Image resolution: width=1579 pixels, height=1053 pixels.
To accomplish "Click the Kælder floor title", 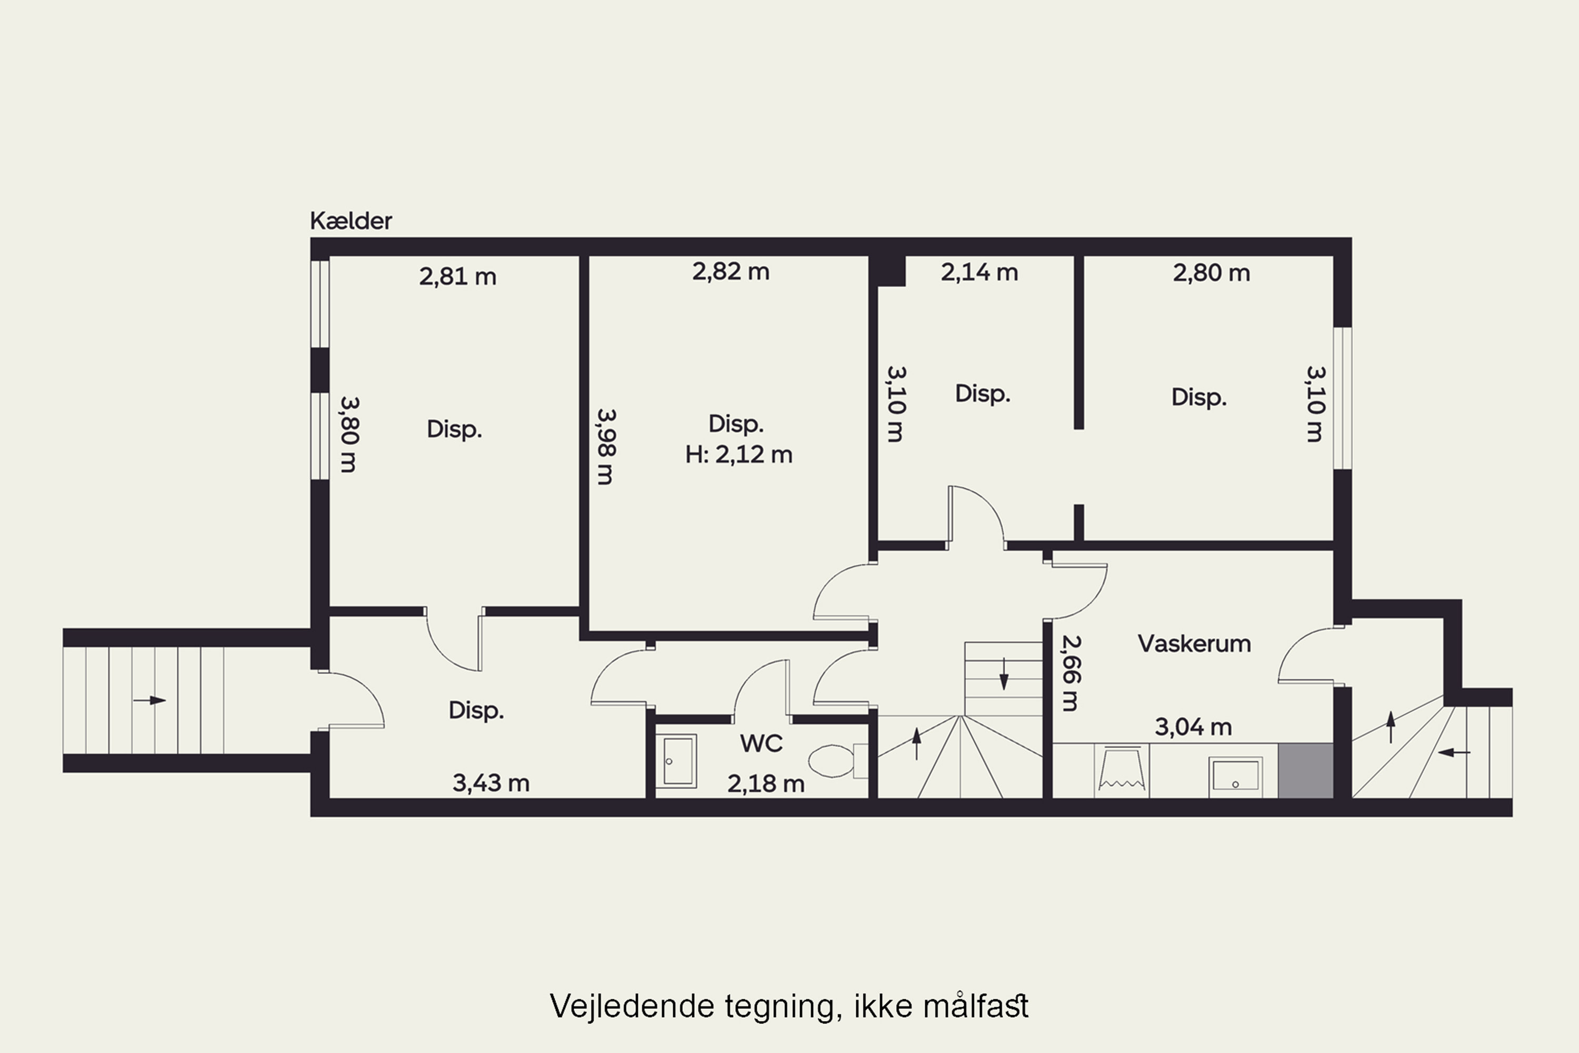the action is [x=351, y=221].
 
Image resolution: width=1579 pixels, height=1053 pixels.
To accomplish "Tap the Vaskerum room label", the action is [x=1194, y=643].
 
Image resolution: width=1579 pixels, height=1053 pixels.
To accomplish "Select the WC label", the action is [x=761, y=743].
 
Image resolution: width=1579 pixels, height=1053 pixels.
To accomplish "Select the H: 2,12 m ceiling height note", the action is [x=738, y=455].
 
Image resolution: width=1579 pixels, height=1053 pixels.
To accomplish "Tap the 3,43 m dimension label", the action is [x=491, y=783].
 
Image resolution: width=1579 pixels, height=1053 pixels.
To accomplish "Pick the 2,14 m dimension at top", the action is [x=979, y=272].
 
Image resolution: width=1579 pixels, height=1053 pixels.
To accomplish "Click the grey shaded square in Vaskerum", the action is [x=1305, y=770].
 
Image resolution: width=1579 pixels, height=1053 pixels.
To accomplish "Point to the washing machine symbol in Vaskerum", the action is [x=1121, y=770].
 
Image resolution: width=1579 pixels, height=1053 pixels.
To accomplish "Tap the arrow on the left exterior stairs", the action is [x=149, y=700].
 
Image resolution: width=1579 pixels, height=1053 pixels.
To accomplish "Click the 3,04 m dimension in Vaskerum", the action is [x=1193, y=727].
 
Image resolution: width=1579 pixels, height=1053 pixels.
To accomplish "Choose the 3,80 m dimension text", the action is [x=349, y=434].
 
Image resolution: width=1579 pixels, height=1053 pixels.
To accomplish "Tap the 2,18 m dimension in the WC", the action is [x=766, y=784].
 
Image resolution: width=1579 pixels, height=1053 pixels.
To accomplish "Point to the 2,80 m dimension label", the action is [x=1211, y=273].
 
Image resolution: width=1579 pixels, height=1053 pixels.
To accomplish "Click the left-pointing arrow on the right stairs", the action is [x=1454, y=752].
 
